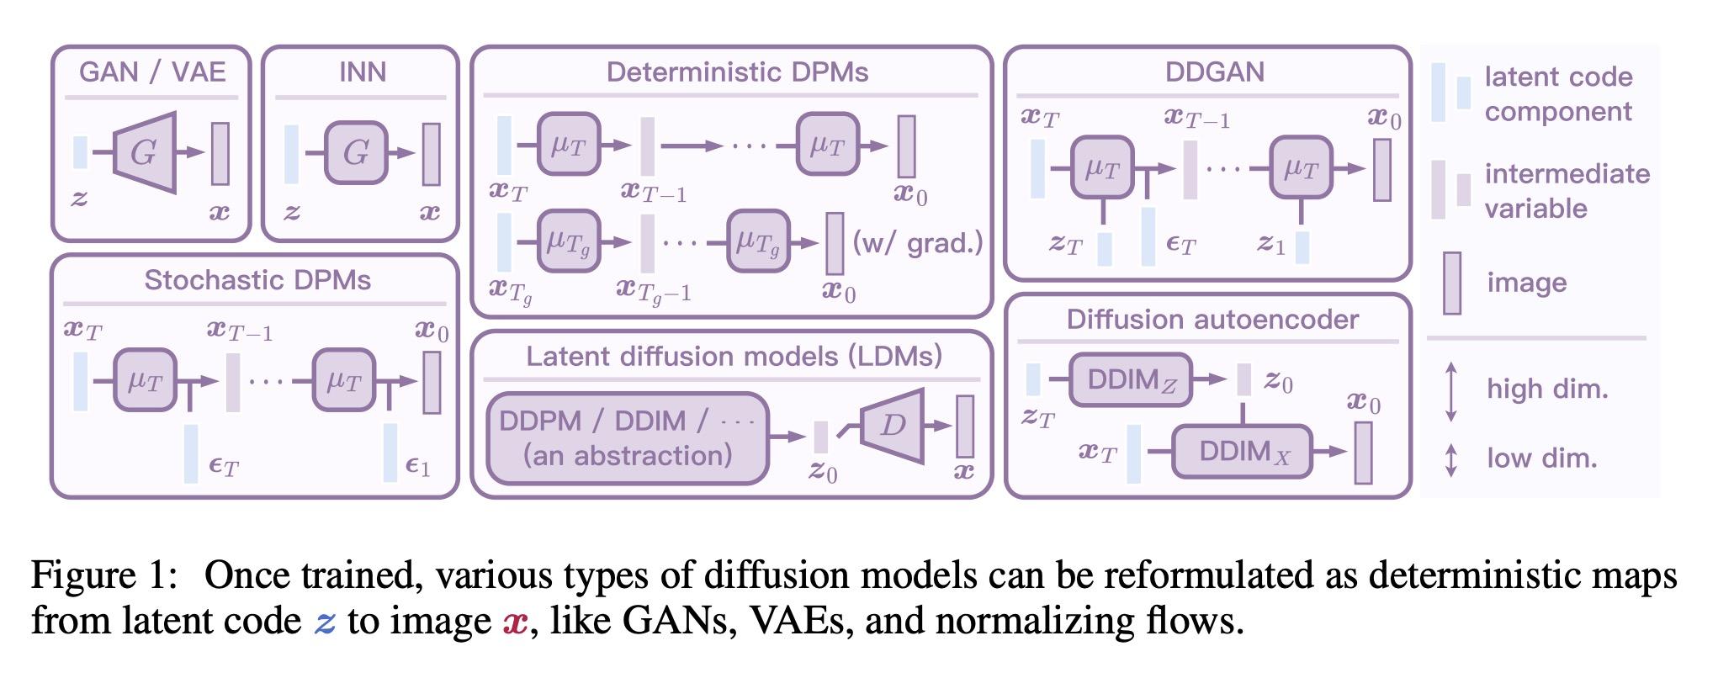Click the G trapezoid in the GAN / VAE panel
click(x=146, y=152)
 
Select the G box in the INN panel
click(x=356, y=152)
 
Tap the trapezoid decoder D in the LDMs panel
click(x=893, y=425)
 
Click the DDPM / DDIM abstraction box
click(x=628, y=438)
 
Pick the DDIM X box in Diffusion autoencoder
click(x=1243, y=452)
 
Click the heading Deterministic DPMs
click(x=737, y=72)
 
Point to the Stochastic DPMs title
click(x=257, y=280)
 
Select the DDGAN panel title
click(x=1214, y=72)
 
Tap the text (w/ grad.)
click(x=917, y=243)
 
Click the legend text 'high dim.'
click(x=1546, y=389)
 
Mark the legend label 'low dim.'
click(x=1541, y=458)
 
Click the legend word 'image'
click(x=1526, y=283)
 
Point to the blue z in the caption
click(x=325, y=622)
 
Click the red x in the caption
click(x=515, y=622)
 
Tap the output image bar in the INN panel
click(x=431, y=154)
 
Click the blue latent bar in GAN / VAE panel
click(x=80, y=152)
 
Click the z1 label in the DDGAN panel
click(x=1270, y=245)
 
